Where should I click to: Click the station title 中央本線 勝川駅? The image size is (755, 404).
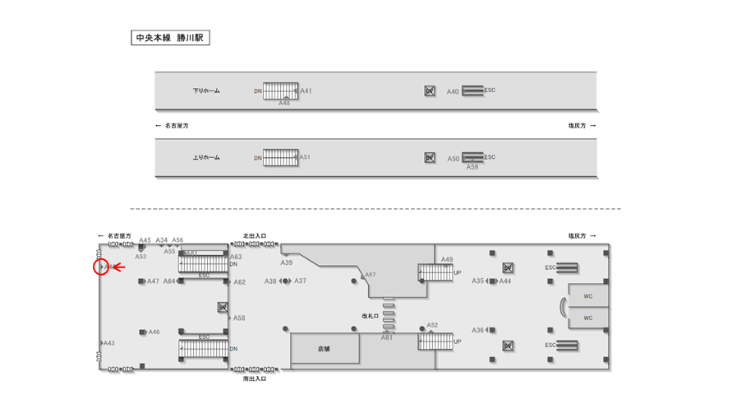(171, 38)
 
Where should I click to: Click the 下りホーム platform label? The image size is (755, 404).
(206, 91)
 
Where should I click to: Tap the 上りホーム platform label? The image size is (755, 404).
(206, 157)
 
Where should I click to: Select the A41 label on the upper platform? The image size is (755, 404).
(306, 91)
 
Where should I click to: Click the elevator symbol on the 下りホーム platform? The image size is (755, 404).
(429, 91)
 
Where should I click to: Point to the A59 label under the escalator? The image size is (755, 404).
(472, 167)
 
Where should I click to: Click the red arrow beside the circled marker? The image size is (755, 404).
(118, 267)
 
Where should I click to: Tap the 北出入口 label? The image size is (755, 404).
(255, 235)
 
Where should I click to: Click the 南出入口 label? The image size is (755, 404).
(255, 378)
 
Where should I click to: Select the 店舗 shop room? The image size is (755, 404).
(325, 348)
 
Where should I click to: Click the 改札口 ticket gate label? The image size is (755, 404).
(371, 315)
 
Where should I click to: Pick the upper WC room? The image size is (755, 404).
(588, 296)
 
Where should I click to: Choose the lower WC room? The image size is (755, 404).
(588, 318)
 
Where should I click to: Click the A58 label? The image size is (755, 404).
(239, 318)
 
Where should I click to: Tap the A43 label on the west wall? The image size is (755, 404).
(108, 343)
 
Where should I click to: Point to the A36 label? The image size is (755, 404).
(478, 330)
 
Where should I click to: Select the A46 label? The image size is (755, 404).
(154, 332)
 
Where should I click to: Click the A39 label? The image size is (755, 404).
(287, 262)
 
